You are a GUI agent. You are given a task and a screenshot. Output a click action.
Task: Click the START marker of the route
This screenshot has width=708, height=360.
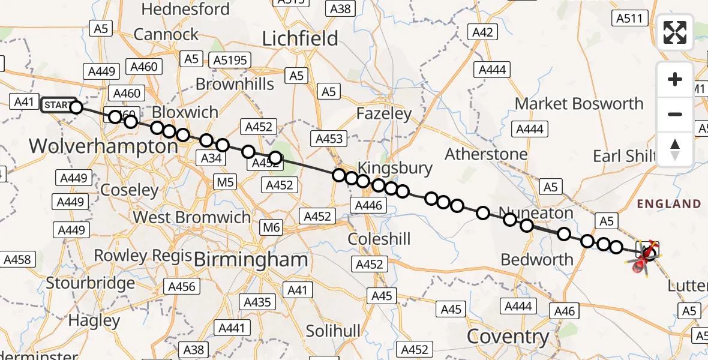pos(58,105)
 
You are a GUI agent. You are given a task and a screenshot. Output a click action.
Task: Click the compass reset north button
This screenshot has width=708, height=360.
pos(675,149)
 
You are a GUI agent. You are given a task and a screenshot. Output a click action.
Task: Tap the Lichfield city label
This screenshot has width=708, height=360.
pos(300,39)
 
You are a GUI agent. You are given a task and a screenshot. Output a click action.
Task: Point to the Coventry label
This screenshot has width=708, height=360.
pos(508,337)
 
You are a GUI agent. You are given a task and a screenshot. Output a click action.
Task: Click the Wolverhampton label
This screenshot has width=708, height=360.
pos(103,146)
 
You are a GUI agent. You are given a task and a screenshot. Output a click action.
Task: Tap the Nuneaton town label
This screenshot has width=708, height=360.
pos(536,213)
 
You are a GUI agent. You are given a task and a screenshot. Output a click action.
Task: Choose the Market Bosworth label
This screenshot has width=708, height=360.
pos(579,104)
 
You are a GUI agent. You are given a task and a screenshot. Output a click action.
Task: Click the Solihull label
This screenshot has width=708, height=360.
pos(333,331)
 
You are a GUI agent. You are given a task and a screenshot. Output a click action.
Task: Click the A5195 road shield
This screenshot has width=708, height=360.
pos(232,59)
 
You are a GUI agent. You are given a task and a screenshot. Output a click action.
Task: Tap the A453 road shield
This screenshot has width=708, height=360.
pos(329,139)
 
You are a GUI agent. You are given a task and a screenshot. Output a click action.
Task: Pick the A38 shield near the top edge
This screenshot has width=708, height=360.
pos(340,8)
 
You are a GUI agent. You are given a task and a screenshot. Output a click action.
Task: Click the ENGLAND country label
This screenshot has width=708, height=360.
pos(668,204)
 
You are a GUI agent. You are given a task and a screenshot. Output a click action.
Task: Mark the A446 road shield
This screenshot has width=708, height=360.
pos(368,206)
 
